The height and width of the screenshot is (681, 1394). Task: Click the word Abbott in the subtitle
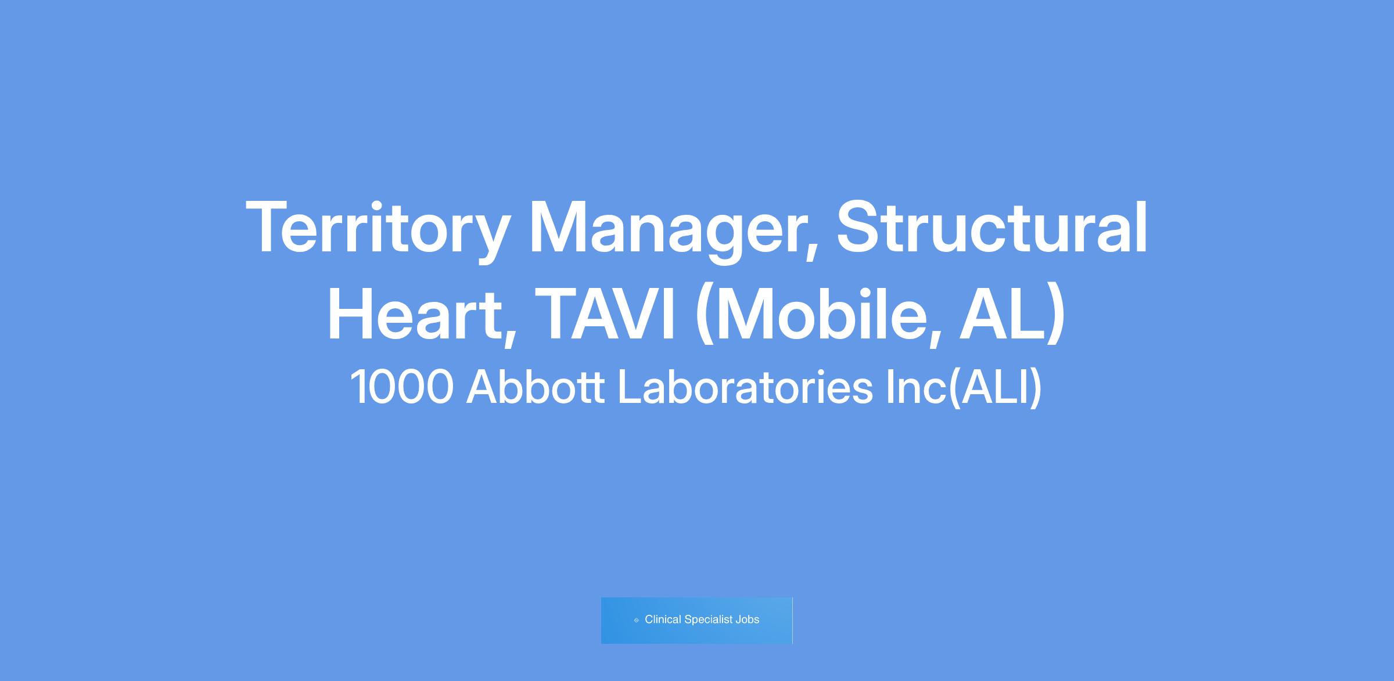click(x=536, y=387)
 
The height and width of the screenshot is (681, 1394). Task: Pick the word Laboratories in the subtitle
click(x=745, y=387)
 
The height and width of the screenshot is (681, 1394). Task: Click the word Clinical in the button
click(x=663, y=619)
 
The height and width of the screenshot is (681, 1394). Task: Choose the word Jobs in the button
click(x=748, y=619)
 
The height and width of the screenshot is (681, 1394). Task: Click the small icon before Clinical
click(x=636, y=620)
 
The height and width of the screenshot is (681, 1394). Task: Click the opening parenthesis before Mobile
click(x=705, y=314)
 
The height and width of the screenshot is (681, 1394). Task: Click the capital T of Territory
click(x=270, y=227)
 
